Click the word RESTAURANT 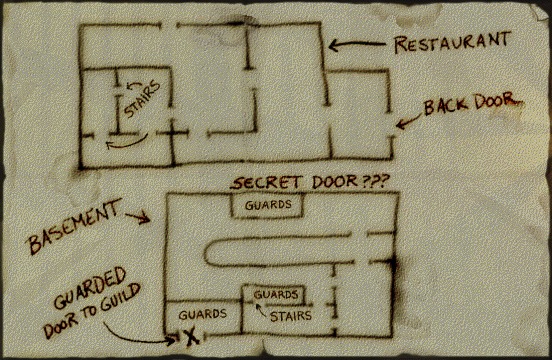[x=452, y=42]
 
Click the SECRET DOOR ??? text [x=310, y=182]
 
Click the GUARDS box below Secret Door [x=267, y=206]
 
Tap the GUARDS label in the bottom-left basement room [x=202, y=314]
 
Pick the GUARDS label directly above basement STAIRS [x=276, y=294]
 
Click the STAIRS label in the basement [x=290, y=316]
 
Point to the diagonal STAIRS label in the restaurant [x=142, y=100]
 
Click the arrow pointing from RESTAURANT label [x=357, y=45]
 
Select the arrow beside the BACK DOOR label [x=408, y=120]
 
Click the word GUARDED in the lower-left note [x=90, y=288]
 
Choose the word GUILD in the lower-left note [x=120, y=298]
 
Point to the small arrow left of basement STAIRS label [x=260, y=310]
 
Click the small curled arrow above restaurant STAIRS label [x=134, y=84]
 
